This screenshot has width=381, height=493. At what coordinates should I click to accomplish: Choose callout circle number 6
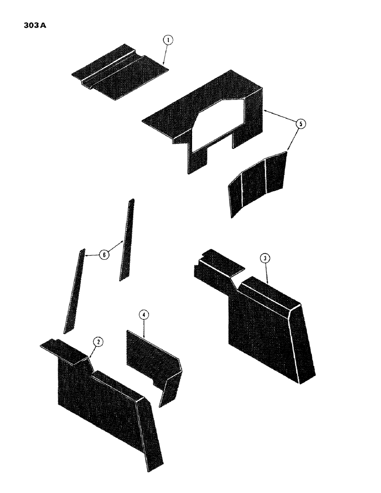(x=104, y=254)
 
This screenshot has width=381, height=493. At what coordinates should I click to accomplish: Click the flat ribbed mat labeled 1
(x=118, y=74)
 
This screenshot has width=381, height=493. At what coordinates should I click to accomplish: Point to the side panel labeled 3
(x=267, y=325)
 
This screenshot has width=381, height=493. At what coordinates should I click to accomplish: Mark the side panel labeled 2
(x=104, y=404)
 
